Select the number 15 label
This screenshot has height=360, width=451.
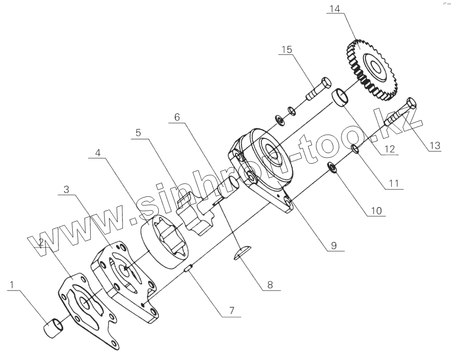287,50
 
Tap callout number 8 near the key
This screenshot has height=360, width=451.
270,285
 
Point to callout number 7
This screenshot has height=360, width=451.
231,311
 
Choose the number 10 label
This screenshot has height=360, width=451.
377,211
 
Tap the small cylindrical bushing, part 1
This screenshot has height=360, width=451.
54,329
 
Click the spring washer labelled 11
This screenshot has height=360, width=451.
355,148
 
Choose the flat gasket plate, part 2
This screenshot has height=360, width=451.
87,308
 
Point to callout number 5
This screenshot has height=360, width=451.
139,132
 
